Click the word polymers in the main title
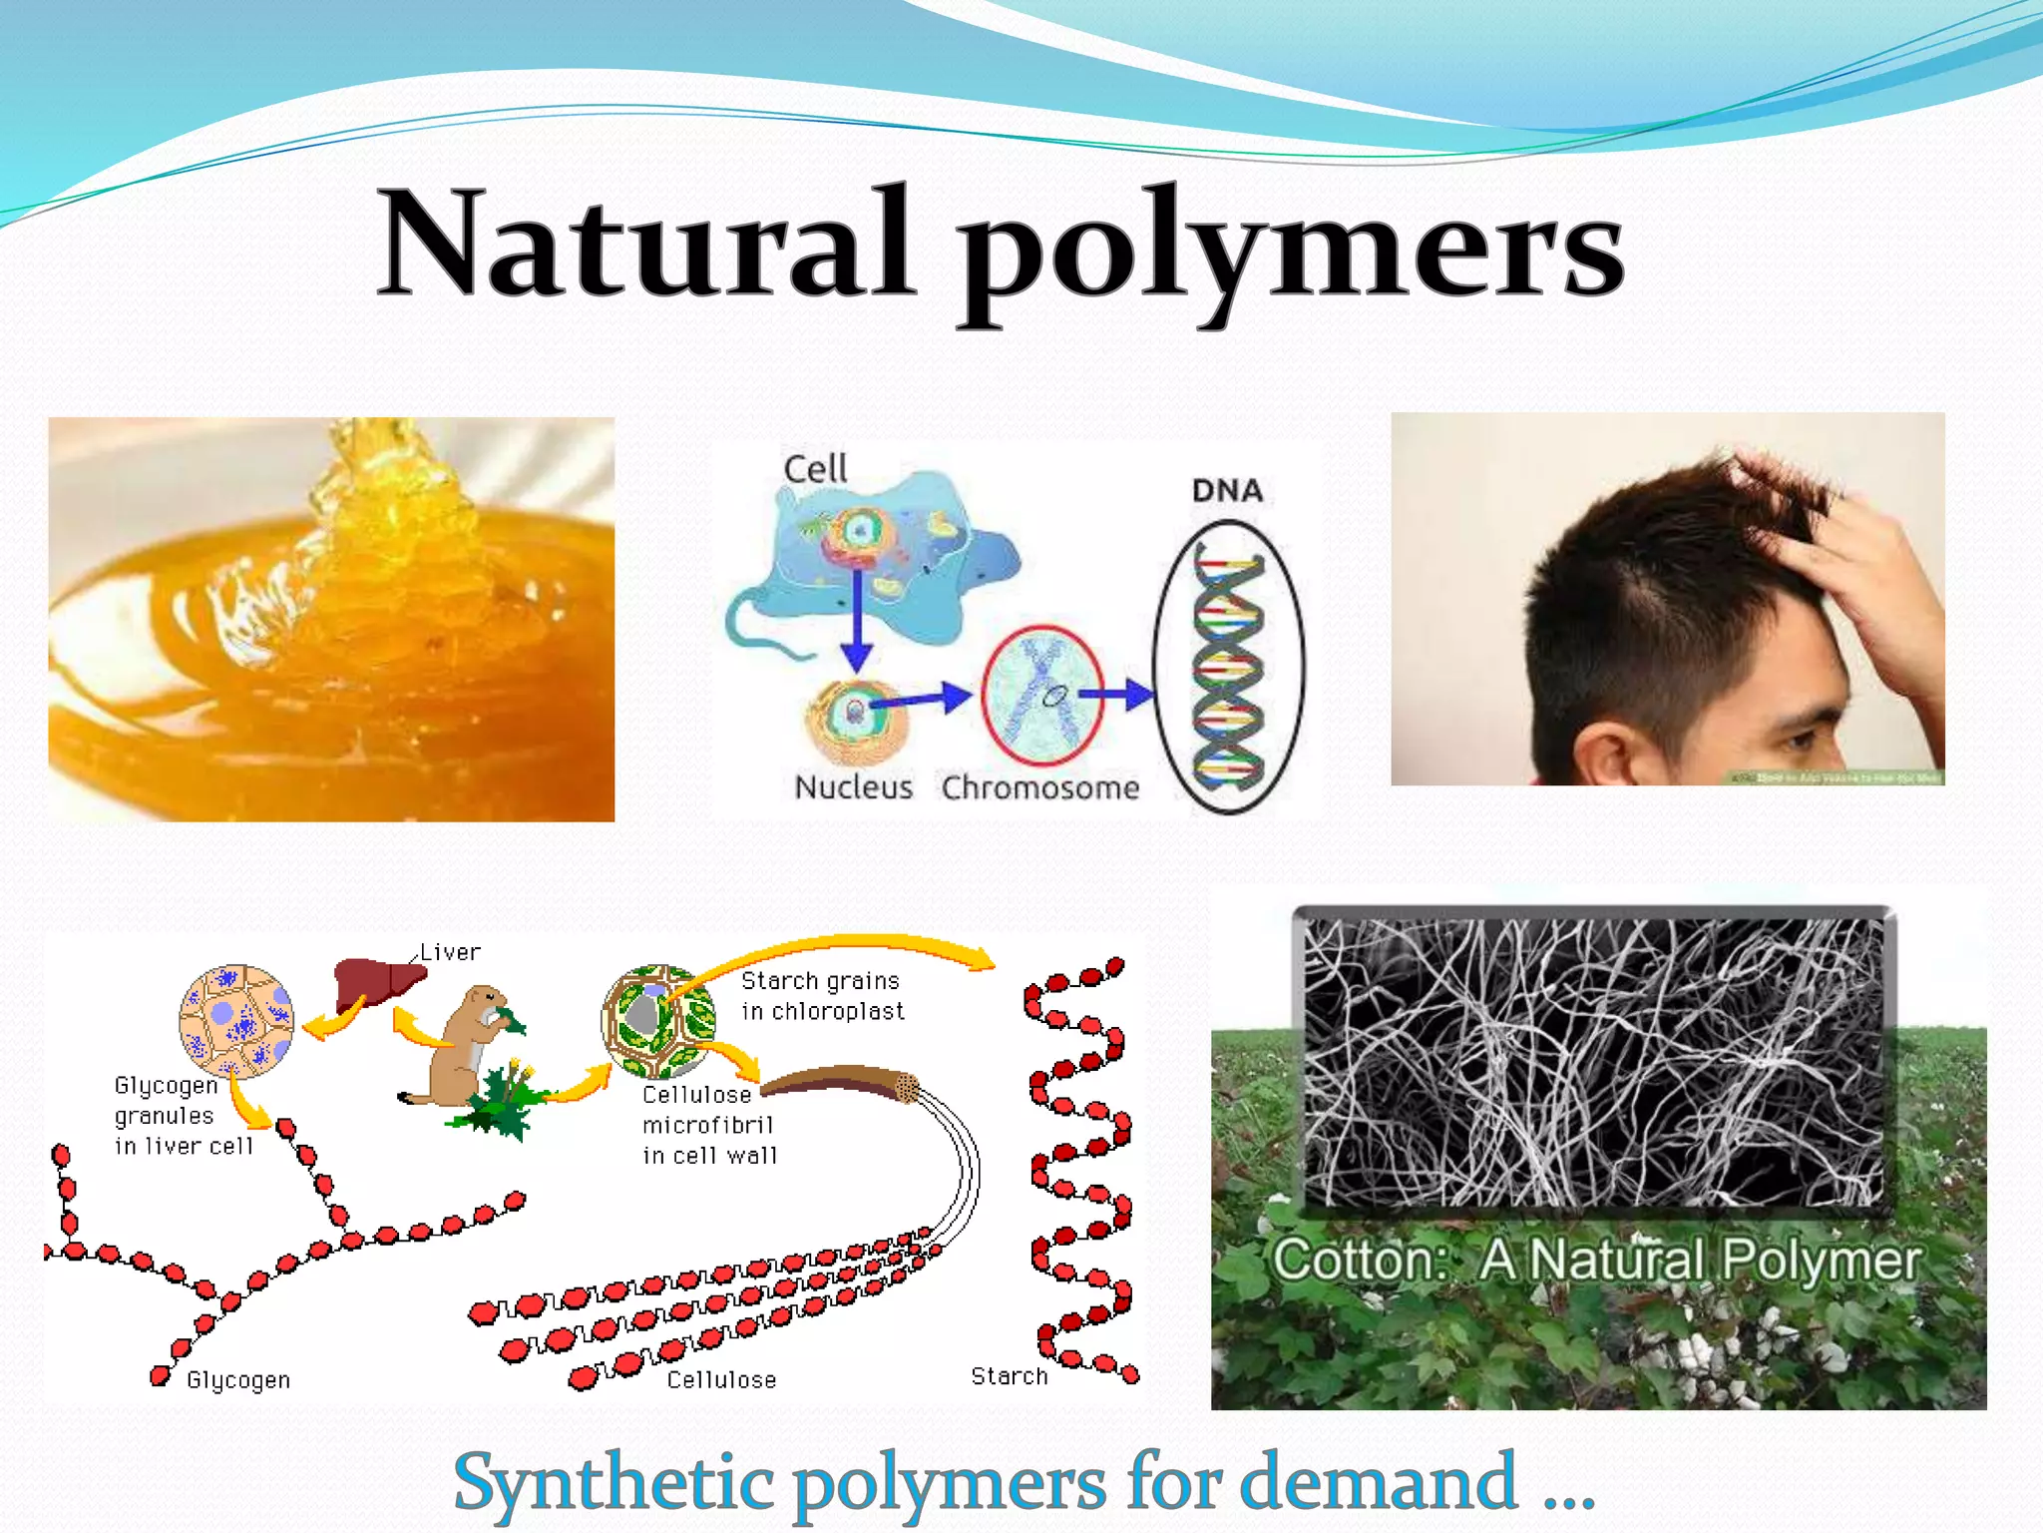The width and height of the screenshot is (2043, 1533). tap(1292, 250)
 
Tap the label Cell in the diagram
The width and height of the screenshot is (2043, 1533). tap(815, 468)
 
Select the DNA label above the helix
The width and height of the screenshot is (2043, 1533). tap(1227, 490)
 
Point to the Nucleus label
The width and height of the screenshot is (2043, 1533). tap(853, 787)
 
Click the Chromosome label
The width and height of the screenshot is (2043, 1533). tap(1039, 787)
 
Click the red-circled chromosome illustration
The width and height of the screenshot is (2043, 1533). tap(1042, 695)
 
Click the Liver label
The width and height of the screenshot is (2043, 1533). tap(450, 952)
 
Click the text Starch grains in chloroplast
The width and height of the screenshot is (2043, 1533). tap(822, 996)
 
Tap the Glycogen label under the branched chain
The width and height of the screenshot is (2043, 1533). tap(238, 1379)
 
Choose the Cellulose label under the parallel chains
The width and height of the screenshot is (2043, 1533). tap(721, 1379)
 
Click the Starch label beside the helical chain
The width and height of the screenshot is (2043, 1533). tap(1009, 1376)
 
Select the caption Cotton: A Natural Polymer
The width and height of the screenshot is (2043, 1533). tap(1596, 1260)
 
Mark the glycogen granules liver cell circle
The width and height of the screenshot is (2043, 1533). tap(236, 1021)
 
